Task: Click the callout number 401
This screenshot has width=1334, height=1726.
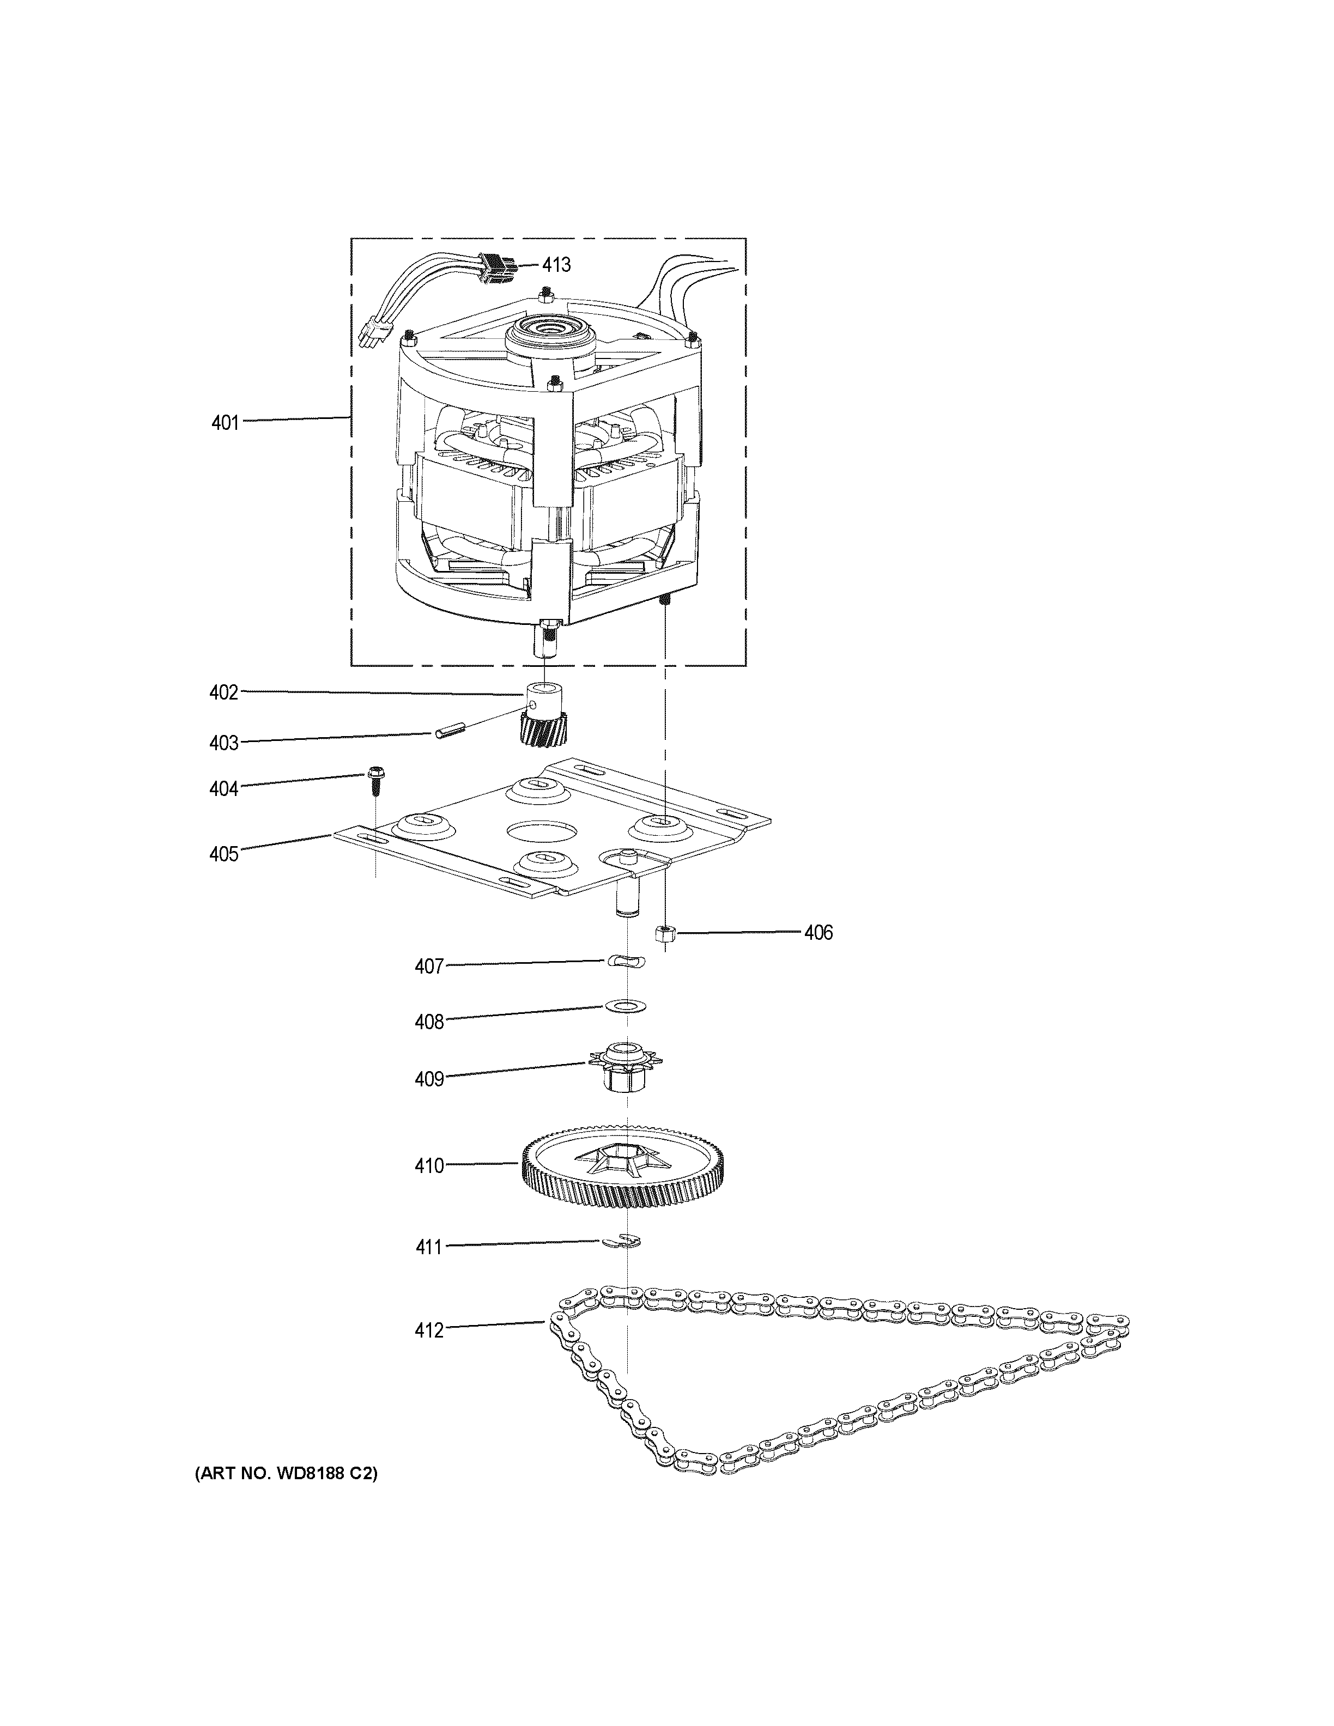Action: click(225, 423)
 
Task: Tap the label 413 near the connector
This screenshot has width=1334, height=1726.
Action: click(556, 265)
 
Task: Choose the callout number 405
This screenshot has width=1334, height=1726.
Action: click(223, 854)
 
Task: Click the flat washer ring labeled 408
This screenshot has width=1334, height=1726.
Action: click(625, 1006)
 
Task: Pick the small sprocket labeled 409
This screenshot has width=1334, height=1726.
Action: click(626, 1066)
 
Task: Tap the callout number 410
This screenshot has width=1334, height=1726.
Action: click(429, 1166)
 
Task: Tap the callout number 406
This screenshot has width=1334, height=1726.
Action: click(818, 933)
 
